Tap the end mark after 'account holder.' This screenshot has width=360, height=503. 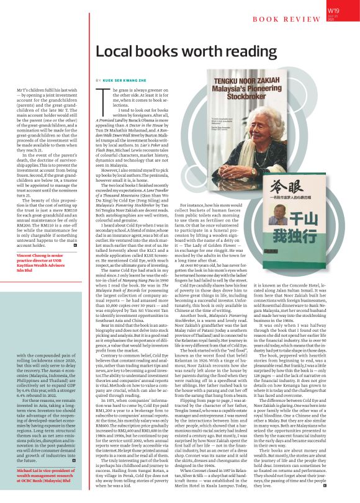coord(75,247)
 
